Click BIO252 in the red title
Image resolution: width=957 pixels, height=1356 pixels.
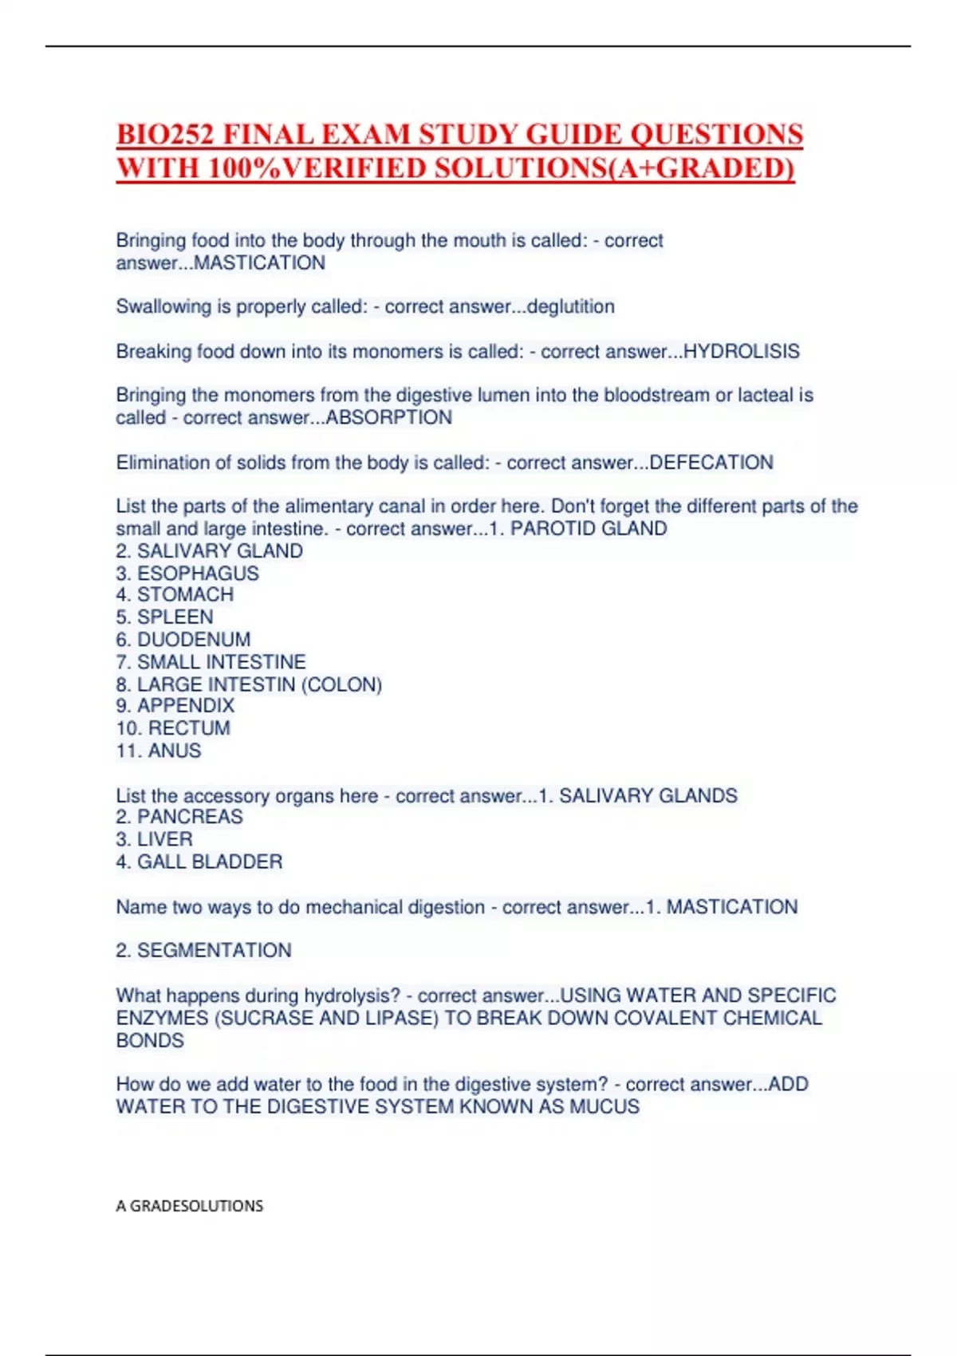click(x=165, y=134)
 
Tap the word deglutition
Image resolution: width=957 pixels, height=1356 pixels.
click(x=570, y=307)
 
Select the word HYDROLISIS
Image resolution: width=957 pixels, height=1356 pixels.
click(x=741, y=352)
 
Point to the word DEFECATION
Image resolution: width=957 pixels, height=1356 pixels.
click(x=711, y=463)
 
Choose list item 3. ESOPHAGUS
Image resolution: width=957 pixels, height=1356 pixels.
click(x=187, y=574)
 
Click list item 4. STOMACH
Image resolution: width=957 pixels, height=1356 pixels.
click(x=175, y=595)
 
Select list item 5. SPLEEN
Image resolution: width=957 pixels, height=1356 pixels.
click(x=164, y=617)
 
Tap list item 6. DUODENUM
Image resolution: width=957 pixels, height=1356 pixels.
click(x=183, y=640)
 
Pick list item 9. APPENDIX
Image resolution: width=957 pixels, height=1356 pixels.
click(x=175, y=706)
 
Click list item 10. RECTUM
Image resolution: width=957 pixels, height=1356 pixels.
click(x=173, y=728)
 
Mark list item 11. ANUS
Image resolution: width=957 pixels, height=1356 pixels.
click(x=159, y=751)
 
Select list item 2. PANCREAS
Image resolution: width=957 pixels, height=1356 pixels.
click(x=179, y=817)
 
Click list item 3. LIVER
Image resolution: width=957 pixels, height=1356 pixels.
click(x=155, y=839)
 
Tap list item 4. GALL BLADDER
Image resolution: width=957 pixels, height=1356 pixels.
click(x=199, y=861)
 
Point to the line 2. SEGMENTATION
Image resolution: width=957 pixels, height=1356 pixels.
click(x=204, y=951)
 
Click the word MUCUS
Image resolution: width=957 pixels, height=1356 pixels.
click(x=604, y=1107)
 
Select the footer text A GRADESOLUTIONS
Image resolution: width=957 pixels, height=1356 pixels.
click(x=190, y=1206)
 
